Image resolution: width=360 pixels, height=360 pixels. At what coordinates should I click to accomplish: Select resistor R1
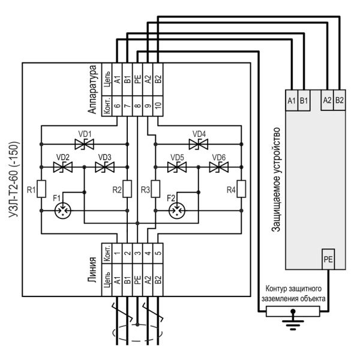tap(41, 188)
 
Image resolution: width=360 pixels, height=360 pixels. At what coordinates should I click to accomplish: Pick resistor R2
tap(127, 188)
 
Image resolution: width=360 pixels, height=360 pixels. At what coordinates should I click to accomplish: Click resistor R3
tap(155, 188)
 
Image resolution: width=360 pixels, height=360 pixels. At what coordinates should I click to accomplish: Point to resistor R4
tap(240, 188)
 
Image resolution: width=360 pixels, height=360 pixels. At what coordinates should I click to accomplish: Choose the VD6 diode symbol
tap(217, 168)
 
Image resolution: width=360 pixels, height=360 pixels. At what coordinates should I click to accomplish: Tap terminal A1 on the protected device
tap(292, 100)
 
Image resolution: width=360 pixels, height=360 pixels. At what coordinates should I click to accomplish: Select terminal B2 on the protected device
tap(338, 100)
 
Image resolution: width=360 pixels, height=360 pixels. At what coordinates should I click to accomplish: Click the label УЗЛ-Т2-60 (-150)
tap(13, 180)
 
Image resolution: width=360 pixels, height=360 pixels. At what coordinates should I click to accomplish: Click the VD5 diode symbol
tap(176, 168)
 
